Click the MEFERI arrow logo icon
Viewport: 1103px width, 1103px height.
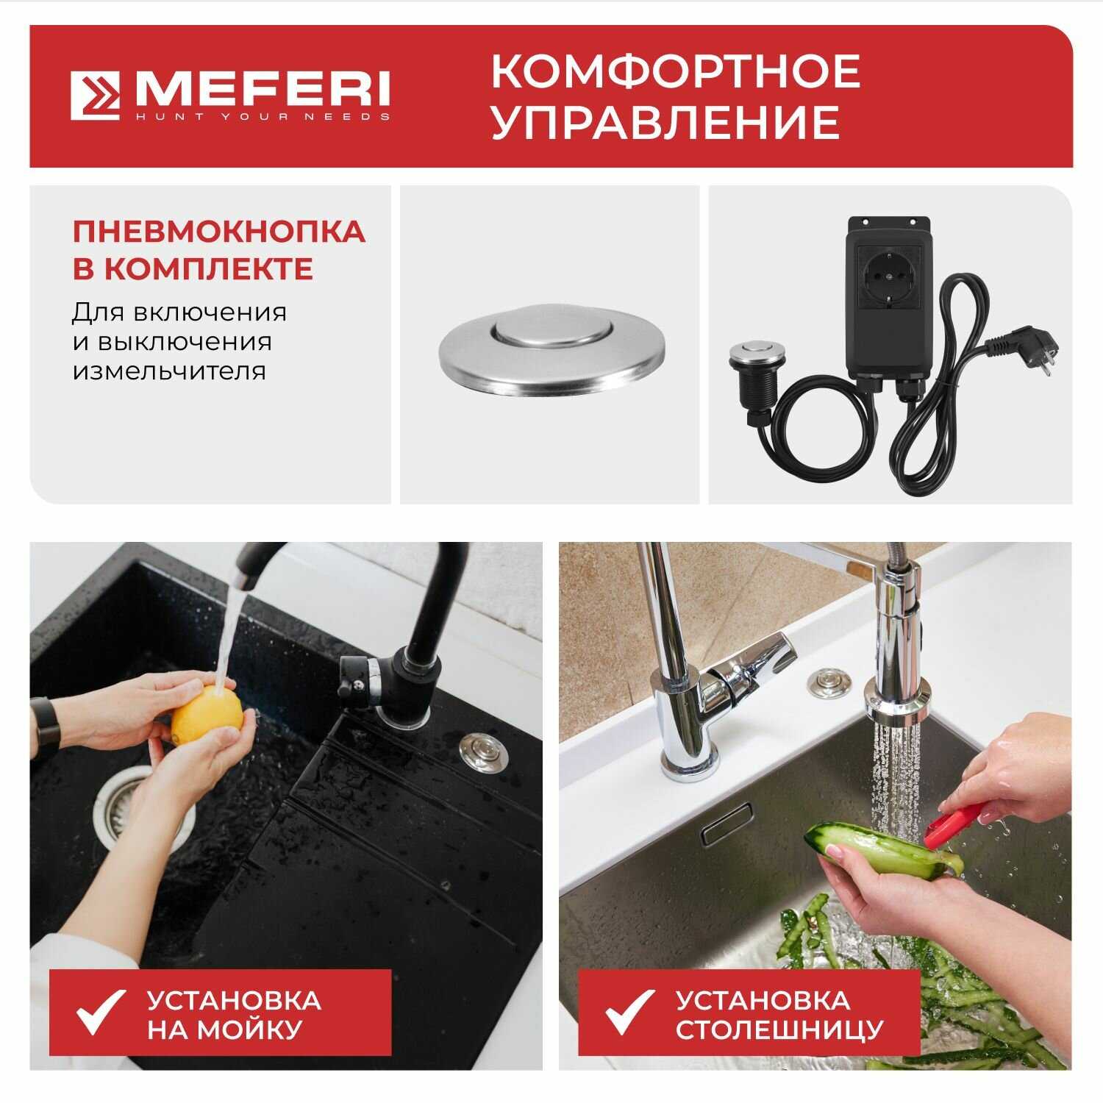(96, 96)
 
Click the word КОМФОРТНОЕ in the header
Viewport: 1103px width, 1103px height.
(675, 71)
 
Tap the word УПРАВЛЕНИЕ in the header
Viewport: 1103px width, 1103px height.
(665, 122)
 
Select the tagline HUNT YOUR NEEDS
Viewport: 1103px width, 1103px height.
(262, 117)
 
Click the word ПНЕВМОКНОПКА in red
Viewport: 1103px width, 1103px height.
(218, 231)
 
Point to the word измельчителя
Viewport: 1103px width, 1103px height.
(168, 371)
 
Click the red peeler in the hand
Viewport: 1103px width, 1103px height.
(951, 824)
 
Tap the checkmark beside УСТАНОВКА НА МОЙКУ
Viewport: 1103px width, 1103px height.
(100, 1013)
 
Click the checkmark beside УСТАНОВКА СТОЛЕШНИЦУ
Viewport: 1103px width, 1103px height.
(629, 1013)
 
